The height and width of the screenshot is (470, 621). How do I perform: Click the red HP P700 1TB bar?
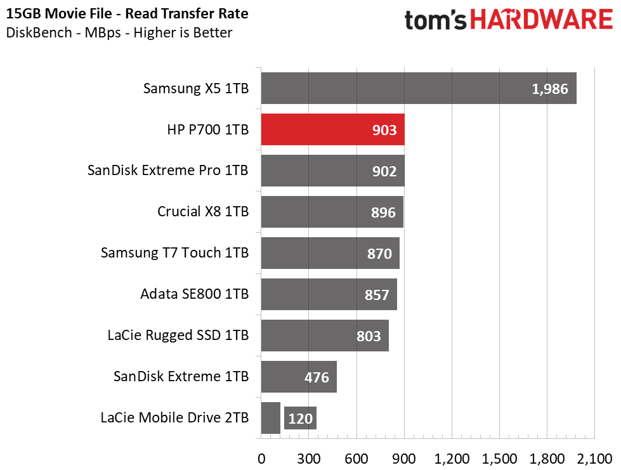[332, 129]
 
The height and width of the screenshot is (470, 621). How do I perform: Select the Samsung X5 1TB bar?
[419, 88]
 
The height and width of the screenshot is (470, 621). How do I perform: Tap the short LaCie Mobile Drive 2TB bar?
[270, 418]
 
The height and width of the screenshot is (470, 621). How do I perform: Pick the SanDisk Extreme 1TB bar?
[299, 377]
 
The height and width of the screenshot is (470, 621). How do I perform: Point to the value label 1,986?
[550, 89]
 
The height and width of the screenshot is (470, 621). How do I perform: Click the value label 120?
[300, 419]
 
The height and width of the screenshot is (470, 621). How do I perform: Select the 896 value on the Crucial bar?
[383, 212]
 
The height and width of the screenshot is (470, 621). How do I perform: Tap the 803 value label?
[369, 336]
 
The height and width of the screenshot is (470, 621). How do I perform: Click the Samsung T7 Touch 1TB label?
[174, 252]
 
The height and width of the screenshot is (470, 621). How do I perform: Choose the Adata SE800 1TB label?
[195, 294]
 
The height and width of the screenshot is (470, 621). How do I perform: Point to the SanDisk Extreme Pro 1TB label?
[168, 170]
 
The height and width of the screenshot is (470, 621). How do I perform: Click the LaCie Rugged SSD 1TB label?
[178, 336]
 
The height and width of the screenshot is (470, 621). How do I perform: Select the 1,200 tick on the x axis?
[452, 459]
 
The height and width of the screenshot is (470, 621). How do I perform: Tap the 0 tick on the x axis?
[261, 459]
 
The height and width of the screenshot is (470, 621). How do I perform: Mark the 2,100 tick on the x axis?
[594, 459]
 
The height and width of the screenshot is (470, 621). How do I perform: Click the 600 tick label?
[356, 459]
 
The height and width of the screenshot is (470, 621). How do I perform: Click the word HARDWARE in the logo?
[542, 20]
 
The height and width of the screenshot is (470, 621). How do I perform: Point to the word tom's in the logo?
[436, 20]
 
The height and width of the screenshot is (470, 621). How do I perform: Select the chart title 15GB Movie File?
[59, 14]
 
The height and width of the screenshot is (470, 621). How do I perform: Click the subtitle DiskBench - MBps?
[63, 32]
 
